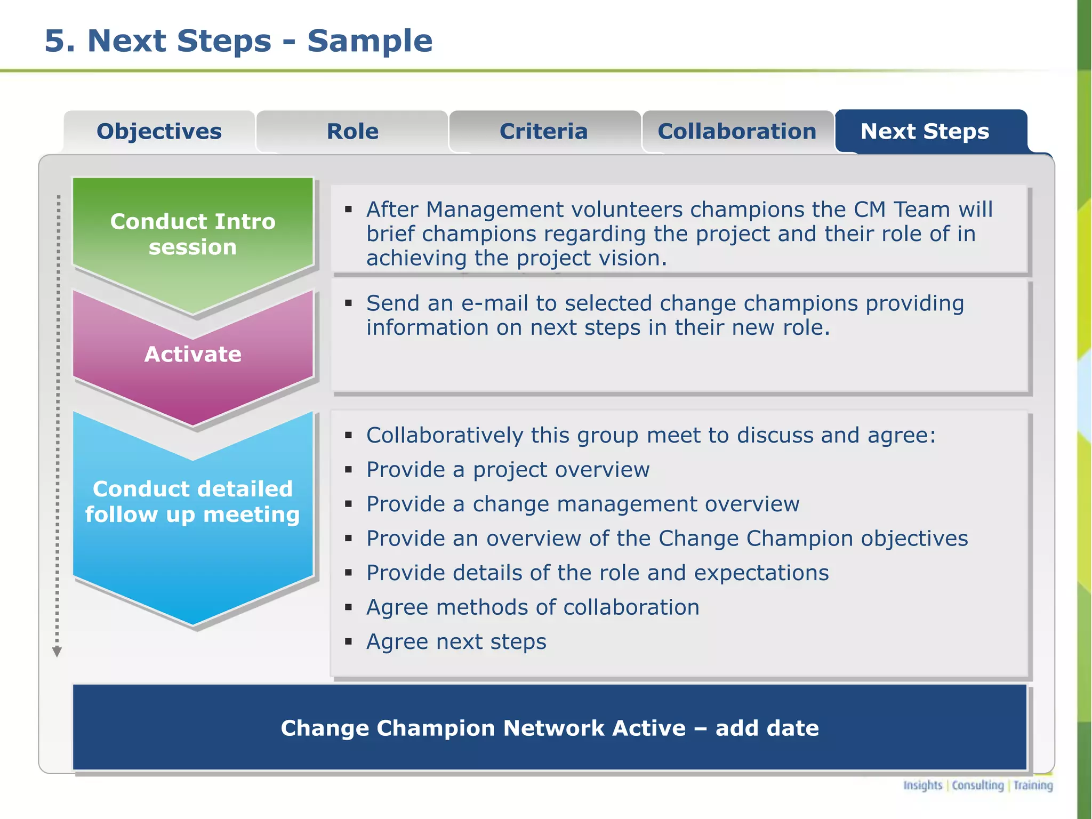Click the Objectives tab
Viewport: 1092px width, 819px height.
159,132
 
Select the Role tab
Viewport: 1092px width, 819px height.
352,132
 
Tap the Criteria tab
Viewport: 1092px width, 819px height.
544,132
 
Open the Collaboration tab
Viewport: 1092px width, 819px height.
737,132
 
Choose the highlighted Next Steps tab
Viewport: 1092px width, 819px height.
925,132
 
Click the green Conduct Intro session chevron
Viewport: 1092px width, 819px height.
192,235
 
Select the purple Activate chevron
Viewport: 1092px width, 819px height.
192,355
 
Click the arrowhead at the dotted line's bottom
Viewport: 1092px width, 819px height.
57,652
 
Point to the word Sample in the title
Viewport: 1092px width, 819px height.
370,41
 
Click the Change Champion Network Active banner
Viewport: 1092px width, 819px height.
549,728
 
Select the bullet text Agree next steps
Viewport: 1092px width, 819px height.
456,641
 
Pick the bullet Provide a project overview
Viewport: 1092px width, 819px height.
508,470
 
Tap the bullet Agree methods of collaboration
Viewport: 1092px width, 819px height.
532,607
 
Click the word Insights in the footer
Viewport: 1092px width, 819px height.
922,785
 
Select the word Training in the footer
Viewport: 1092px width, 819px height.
1033,785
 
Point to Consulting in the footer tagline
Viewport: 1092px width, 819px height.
978,785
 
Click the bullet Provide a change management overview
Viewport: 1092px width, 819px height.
582,504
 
